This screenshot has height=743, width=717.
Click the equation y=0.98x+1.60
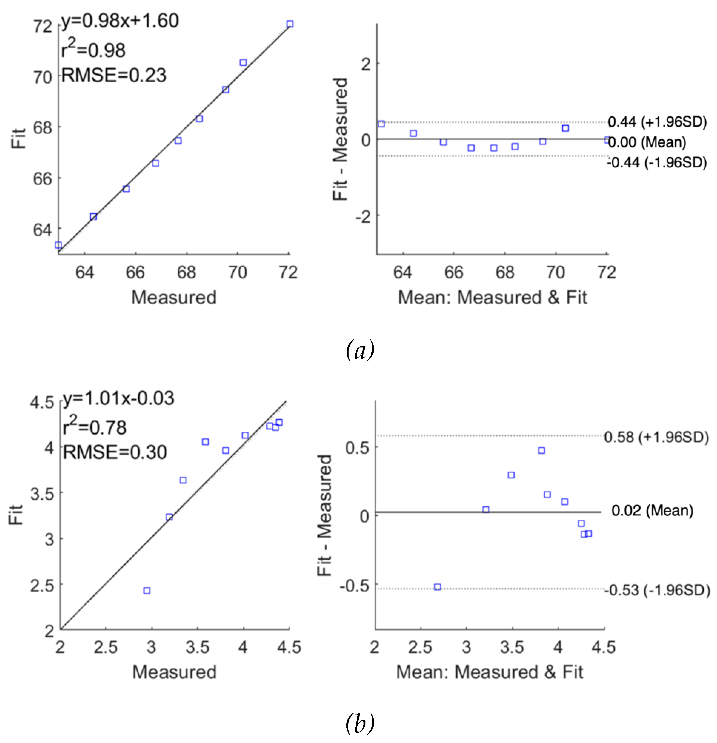point(120,21)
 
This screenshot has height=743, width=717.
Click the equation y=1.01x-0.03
point(118,398)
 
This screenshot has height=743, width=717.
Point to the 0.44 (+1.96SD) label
point(657,122)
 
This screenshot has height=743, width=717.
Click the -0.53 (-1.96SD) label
point(657,590)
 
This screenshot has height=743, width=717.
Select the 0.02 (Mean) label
point(652,511)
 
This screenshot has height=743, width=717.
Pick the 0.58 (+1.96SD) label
point(656,437)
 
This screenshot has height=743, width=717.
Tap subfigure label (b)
point(360,723)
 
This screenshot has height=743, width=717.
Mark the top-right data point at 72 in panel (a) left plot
point(290,24)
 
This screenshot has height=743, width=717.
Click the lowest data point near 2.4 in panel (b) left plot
point(147,591)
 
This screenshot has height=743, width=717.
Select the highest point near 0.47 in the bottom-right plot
point(541,450)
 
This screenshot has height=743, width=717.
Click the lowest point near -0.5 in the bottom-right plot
point(437,587)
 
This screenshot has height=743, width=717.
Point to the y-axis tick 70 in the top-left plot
point(42,77)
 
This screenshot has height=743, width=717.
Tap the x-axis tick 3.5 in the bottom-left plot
point(197,647)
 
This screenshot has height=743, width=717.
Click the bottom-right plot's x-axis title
point(489,672)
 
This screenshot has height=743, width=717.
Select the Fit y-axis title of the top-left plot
point(18,138)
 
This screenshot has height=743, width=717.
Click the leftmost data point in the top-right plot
point(381,124)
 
